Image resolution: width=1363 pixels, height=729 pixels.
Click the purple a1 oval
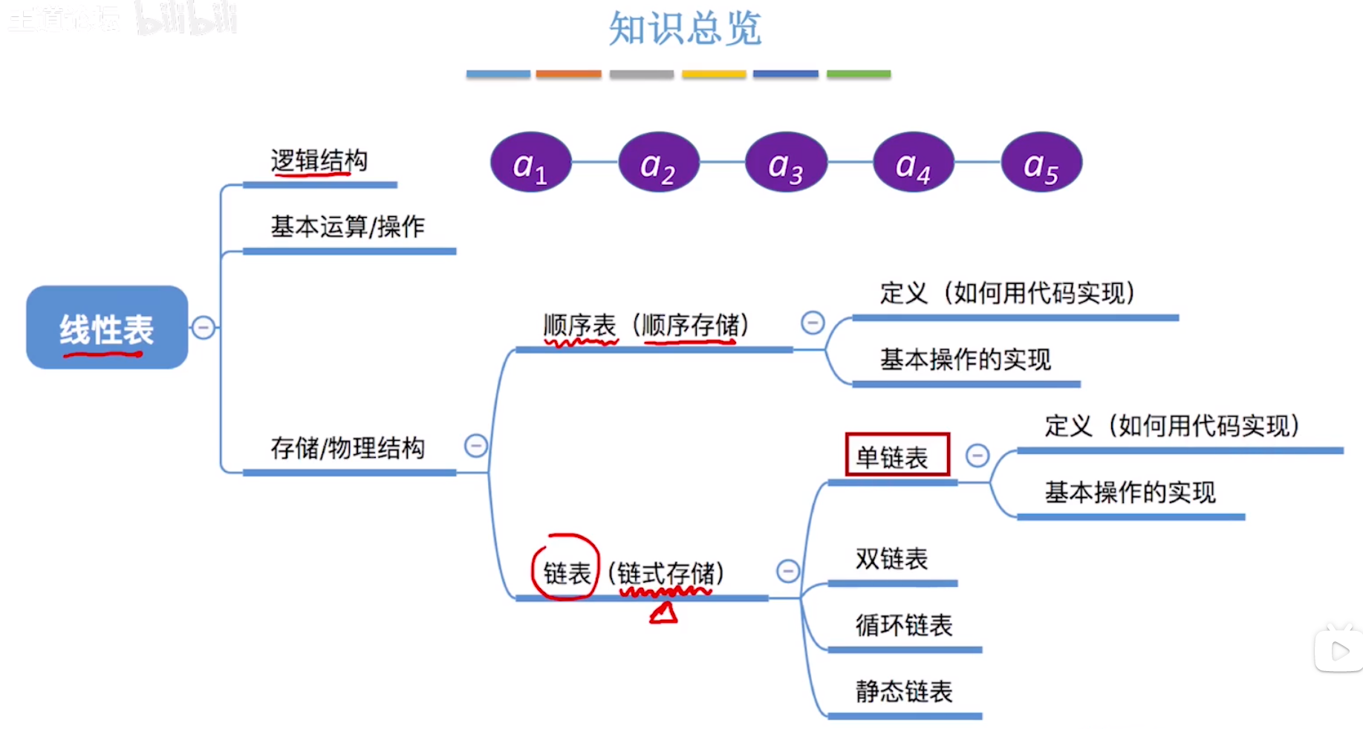[x=530, y=163]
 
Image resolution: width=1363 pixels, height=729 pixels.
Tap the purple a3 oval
[x=786, y=163]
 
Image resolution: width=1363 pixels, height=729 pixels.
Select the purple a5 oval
[x=1041, y=163]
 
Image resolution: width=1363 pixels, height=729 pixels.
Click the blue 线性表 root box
[x=107, y=327]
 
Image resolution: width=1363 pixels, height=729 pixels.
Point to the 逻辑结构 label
[x=319, y=161]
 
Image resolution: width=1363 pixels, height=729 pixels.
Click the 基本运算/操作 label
[x=348, y=226]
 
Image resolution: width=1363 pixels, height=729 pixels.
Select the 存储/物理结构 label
[x=348, y=447]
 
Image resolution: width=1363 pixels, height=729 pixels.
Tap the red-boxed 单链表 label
[x=897, y=455]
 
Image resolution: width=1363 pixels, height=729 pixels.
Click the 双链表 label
[x=891, y=559]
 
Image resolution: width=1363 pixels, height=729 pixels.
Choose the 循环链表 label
[x=903, y=625]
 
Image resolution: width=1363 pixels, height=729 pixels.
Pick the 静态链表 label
[x=903, y=691]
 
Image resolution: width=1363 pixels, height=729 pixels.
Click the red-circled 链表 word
[x=566, y=573]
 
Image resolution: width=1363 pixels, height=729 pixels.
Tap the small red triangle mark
[x=664, y=613]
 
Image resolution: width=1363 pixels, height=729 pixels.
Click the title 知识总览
[x=685, y=28]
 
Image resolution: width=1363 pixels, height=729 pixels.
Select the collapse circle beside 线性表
[x=204, y=327]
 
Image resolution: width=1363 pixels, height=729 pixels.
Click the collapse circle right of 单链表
[x=977, y=455]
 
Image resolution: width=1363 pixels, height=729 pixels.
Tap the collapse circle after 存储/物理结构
[x=476, y=445]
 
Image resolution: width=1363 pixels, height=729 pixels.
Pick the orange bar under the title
[x=568, y=74]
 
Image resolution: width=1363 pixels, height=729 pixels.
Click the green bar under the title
[x=858, y=74]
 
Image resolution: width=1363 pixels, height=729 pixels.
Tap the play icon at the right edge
[x=1339, y=652]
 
